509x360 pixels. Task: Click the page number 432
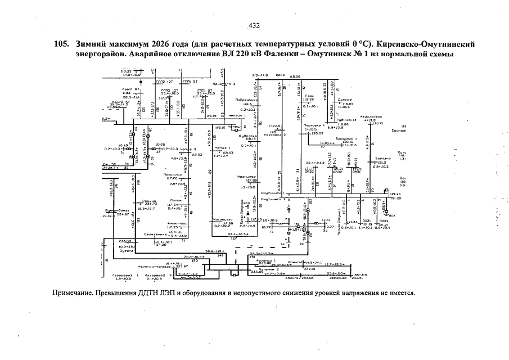click(x=254, y=25)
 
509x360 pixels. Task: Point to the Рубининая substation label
click(x=345, y=120)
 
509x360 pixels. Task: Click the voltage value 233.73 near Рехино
click(x=150, y=204)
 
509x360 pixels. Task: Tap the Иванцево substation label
click(x=247, y=177)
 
